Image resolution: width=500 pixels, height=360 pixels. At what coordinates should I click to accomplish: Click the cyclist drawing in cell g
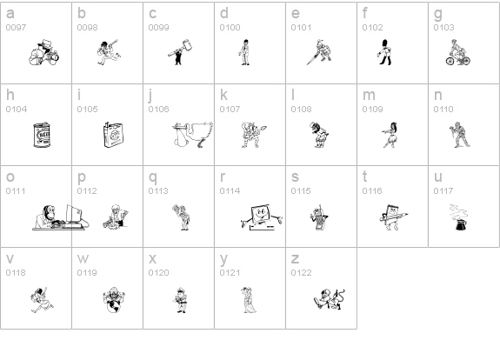[458, 52]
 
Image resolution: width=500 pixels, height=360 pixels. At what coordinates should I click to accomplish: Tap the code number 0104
[17, 110]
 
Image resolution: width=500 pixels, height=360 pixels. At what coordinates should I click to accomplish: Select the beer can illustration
[42, 135]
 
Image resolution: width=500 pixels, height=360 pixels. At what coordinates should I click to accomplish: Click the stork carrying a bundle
[192, 135]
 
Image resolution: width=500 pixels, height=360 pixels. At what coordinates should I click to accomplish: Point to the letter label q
[153, 177]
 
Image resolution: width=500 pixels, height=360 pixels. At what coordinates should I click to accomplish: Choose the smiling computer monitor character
[262, 217]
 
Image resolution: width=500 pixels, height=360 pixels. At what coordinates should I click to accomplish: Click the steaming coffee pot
[458, 217]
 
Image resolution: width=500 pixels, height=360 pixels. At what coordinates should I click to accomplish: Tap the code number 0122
[302, 273]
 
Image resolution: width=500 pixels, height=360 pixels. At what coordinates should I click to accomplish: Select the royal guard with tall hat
[385, 52]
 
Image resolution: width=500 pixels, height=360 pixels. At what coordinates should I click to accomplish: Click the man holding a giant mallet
[180, 52]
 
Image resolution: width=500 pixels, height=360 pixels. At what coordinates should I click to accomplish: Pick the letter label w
[83, 258]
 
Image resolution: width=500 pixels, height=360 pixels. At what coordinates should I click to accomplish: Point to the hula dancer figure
[390, 135]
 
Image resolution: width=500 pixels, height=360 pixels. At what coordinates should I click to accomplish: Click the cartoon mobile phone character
[319, 217]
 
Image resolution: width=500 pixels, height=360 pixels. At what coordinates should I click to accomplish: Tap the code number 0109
[372, 110]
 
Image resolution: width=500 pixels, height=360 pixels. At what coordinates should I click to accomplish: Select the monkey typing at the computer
[61, 217]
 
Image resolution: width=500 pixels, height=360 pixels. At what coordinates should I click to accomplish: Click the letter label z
[295, 258]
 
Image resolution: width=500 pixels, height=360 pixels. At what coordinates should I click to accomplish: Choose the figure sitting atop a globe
[114, 300]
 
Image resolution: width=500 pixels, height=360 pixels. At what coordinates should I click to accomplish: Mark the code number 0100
[230, 28]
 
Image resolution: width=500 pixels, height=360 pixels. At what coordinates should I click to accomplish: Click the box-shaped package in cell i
[113, 135]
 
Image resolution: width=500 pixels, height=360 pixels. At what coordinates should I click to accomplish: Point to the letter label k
[223, 95]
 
